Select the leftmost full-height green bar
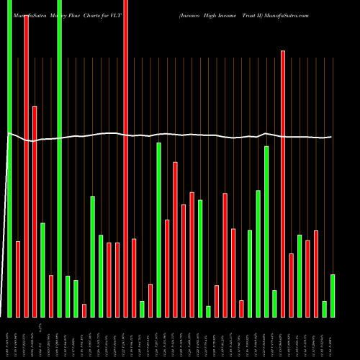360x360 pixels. pyautogui.click(x=10, y=158)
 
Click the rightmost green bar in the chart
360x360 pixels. pyautogui.click(x=333, y=295)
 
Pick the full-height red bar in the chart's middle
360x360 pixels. pyautogui.click(x=125, y=158)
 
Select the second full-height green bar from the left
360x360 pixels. pyautogui.click(x=59, y=158)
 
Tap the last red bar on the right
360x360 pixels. pyautogui.click(x=316, y=274)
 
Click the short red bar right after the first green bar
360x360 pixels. pyautogui.click(x=18, y=279)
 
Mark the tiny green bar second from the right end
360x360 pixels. pyautogui.click(x=325, y=309)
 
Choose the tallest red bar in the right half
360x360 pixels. pyautogui.click(x=283, y=184)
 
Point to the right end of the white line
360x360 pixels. pyautogui.click(x=331, y=137)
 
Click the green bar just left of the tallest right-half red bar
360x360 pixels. pyautogui.click(x=274, y=303)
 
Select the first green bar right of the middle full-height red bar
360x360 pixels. pyautogui.click(x=142, y=309)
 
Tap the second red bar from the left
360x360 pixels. pyautogui.click(x=26, y=166)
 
